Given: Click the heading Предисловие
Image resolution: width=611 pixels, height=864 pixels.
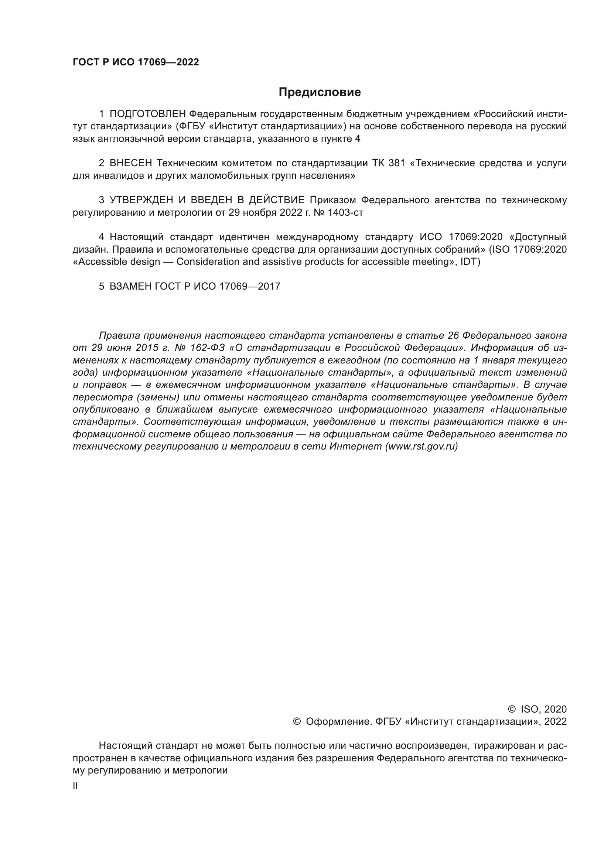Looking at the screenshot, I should click(320, 92).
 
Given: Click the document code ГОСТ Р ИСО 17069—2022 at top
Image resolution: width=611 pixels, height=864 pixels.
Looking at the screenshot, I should click(136, 62).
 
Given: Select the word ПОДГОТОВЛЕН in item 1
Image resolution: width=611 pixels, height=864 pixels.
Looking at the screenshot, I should click(147, 114).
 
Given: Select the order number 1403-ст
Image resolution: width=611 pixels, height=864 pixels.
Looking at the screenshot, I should click(345, 213).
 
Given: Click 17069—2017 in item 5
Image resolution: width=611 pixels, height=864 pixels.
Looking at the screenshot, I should click(249, 286).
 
